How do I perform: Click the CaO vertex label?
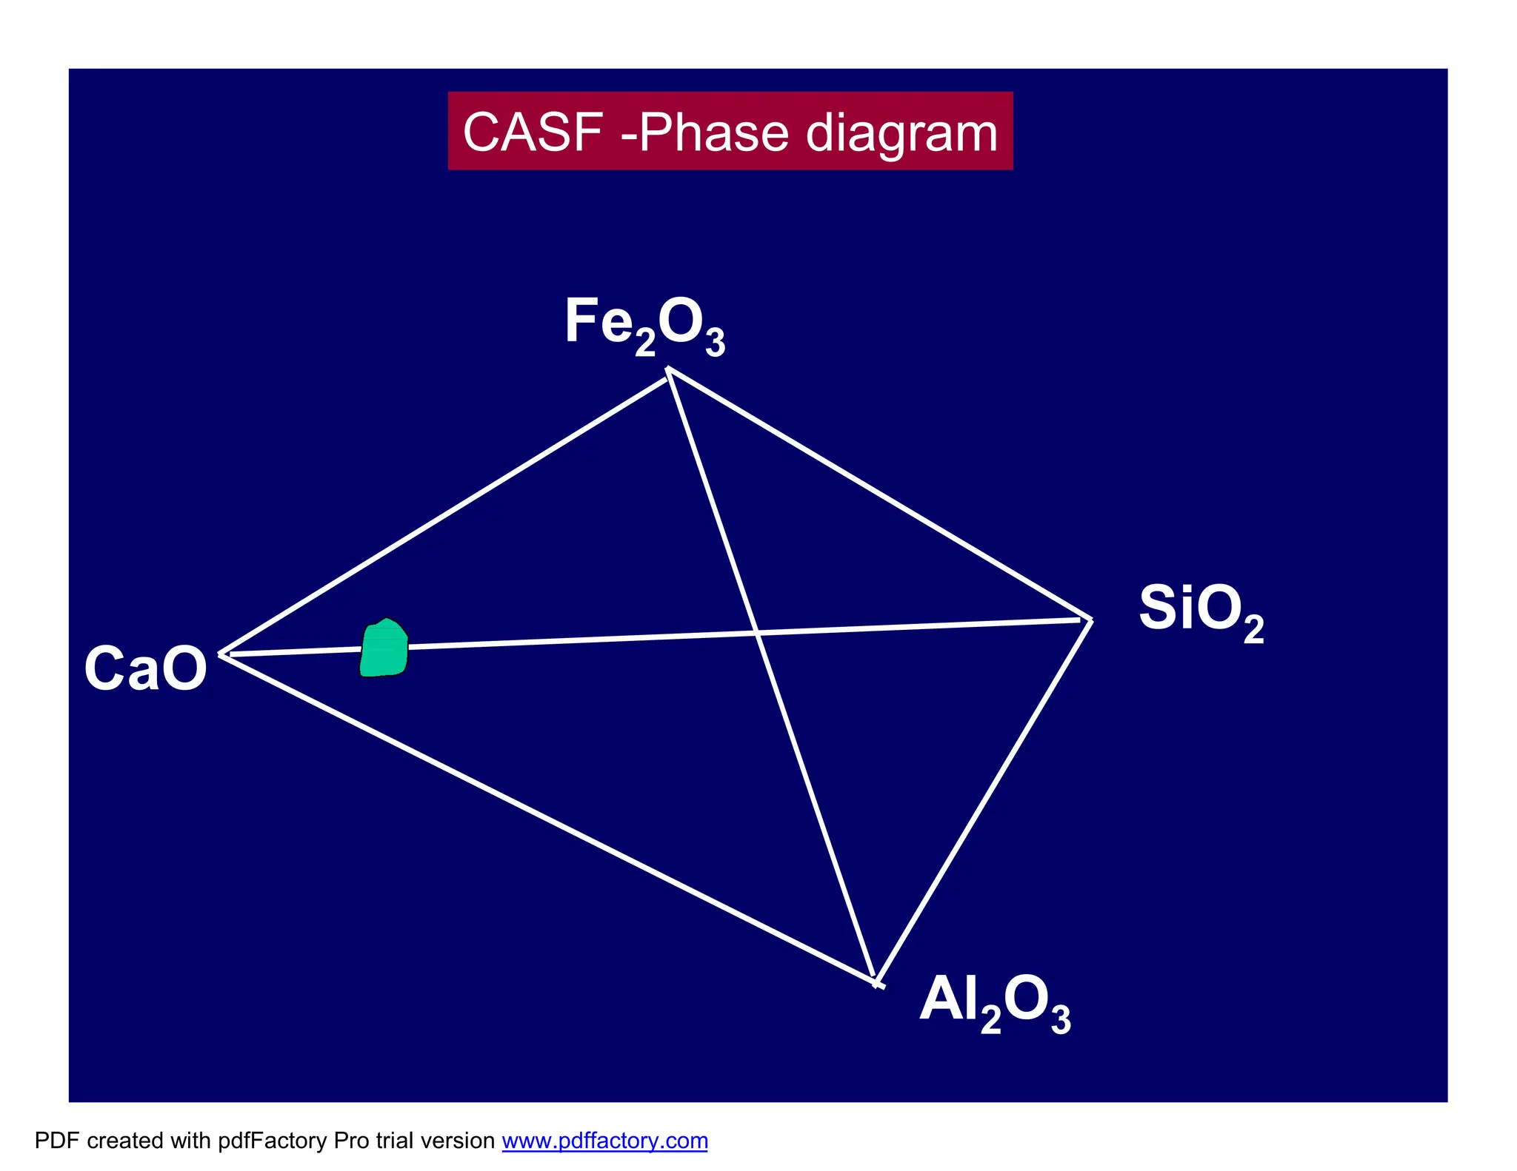click(145, 668)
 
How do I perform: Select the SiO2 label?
click(1200, 610)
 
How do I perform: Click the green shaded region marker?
click(384, 649)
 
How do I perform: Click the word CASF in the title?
click(533, 132)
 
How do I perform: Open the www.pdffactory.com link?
click(604, 1141)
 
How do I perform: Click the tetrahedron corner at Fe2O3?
click(669, 370)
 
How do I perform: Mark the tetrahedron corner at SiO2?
click(1090, 620)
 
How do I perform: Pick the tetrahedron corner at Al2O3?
click(877, 983)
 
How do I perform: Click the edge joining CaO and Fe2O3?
click(444, 512)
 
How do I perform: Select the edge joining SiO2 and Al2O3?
click(984, 801)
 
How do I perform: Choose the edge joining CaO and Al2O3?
click(548, 818)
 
